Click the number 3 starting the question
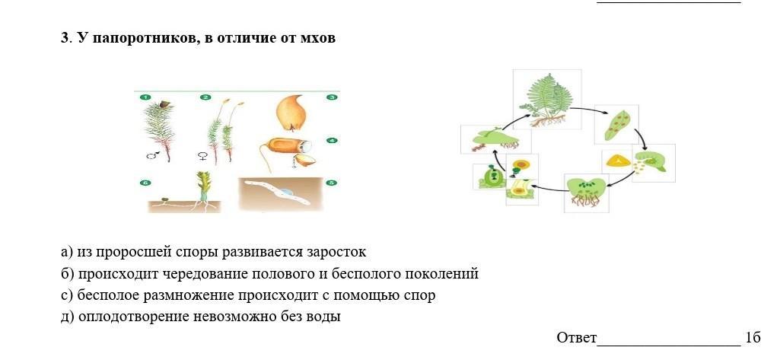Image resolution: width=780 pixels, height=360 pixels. pos(65,38)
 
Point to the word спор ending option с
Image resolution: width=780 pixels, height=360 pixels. pos(421,295)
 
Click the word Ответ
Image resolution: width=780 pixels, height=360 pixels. pos(576,337)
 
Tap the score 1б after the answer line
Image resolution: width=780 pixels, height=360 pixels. pos(753,337)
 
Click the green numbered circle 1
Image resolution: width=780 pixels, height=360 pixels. pos(145,97)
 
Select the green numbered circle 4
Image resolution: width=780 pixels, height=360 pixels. pos(331,141)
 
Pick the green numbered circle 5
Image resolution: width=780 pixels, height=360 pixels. pos(331,183)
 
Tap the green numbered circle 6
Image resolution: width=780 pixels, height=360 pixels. pos(145,183)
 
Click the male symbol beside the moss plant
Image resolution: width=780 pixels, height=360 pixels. pos(152,156)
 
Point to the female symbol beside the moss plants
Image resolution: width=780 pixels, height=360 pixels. pos(202,156)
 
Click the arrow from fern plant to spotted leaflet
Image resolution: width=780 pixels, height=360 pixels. pos(591,111)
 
